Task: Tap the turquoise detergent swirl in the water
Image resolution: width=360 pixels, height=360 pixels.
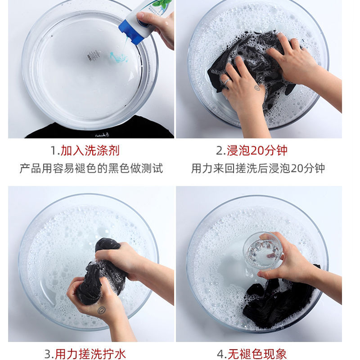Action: pyautogui.click(x=118, y=58)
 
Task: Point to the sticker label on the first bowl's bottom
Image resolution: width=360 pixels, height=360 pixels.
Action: pyautogui.click(x=94, y=55)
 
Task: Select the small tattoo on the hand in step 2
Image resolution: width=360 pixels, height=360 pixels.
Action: pyautogui.click(x=257, y=87)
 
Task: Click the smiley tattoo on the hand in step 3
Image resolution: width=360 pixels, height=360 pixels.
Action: pyautogui.click(x=102, y=310)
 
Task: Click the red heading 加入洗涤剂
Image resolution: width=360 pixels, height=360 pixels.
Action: pyautogui.click(x=90, y=151)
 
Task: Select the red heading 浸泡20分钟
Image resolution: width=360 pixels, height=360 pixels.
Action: pyautogui.click(x=257, y=151)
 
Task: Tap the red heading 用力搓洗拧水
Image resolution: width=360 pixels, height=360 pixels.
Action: pyautogui.click(x=90, y=354)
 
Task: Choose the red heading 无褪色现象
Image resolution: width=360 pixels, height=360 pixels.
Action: pyautogui.click(x=257, y=354)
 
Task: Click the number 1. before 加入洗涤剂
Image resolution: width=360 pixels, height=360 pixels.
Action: pyautogui.click(x=55, y=151)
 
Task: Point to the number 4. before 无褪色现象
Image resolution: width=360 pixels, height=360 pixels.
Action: pyautogui.click(x=222, y=354)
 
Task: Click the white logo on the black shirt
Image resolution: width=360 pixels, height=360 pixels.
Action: pyautogui.click(x=102, y=135)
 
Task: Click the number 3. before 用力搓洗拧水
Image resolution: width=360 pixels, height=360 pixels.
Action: pyautogui.click(x=49, y=354)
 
